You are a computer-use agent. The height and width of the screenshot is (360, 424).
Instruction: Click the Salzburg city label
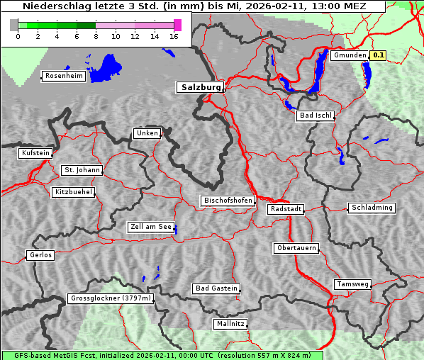point(200,87)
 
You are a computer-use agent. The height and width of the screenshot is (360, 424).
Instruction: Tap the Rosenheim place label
point(62,76)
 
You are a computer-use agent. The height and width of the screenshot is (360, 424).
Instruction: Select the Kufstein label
point(35,153)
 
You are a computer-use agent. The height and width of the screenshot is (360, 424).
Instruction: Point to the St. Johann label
point(82,170)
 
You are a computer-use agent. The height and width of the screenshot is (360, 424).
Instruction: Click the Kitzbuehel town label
point(73,192)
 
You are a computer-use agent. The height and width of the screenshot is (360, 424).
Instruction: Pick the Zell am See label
point(150,227)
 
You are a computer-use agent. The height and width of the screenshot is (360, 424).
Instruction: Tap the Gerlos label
point(40,255)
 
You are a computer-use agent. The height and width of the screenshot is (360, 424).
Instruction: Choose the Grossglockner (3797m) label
point(111,298)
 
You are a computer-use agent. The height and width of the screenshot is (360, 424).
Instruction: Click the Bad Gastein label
point(216,288)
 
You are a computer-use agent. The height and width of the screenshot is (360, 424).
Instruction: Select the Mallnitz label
point(230,323)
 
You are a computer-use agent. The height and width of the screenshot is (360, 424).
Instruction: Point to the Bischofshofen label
point(228,201)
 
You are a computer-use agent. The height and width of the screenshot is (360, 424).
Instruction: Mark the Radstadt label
point(286,209)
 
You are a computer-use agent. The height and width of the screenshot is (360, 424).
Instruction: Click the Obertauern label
point(296,248)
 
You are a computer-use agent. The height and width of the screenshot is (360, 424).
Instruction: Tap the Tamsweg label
point(352,284)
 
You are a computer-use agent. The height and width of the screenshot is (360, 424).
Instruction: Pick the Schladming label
point(372,208)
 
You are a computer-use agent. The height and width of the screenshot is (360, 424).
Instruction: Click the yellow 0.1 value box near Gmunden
point(379,55)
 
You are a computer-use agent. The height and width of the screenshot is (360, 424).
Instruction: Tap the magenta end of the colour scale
point(177,25)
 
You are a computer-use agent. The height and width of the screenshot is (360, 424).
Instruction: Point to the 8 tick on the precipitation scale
point(96,35)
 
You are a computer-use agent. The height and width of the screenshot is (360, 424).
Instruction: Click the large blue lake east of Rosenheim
point(105,67)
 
